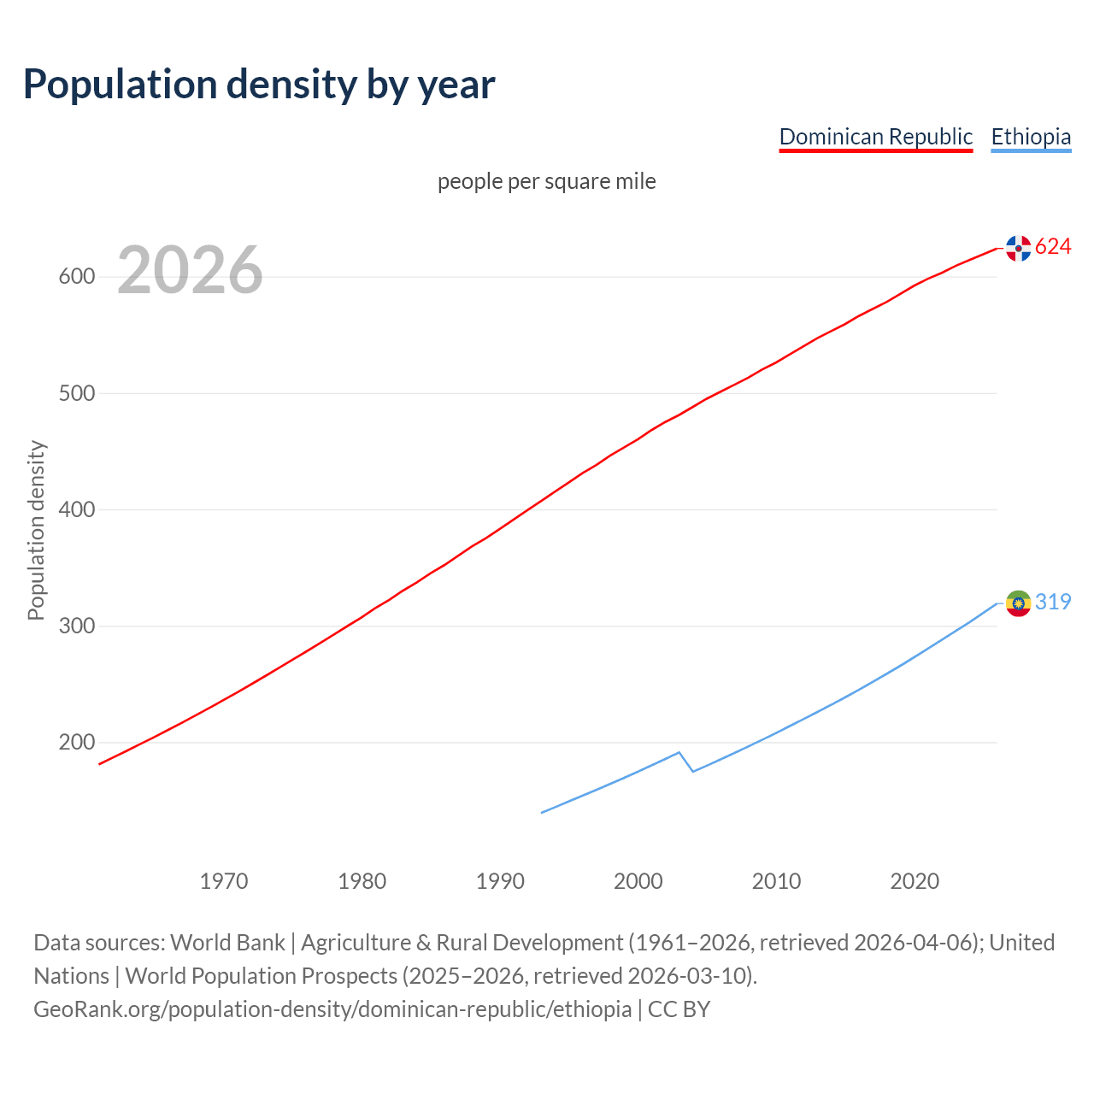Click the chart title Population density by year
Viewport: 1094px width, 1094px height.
click(259, 85)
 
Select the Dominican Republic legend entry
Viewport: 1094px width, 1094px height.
click(875, 137)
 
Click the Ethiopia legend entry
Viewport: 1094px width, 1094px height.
click(1031, 137)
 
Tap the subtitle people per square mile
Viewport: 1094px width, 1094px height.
click(546, 181)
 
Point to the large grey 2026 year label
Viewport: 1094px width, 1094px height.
click(190, 271)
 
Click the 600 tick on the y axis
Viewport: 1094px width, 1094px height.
click(76, 277)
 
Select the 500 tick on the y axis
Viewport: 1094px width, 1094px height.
click(76, 393)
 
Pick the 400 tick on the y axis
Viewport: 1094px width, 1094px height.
click(76, 509)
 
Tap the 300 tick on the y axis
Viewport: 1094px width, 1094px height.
click(76, 626)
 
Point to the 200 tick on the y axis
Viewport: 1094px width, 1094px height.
click(76, 742)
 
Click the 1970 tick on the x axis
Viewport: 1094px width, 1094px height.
click(224, 881)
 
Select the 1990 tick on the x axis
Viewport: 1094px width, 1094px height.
click(500, 881)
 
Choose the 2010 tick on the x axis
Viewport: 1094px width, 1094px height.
click(776, 881)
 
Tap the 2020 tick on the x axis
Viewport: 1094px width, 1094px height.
click(915, 881)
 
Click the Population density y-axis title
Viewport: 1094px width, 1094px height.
click(36, 530)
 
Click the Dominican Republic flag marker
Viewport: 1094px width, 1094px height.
click(1018, 248)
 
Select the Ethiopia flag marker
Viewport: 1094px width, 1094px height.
click(1018, 603)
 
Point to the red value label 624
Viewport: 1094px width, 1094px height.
click(1053, 247)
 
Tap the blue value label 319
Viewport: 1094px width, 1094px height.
click(1053, 603)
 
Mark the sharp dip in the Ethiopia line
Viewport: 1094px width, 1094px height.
click(691, 770)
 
